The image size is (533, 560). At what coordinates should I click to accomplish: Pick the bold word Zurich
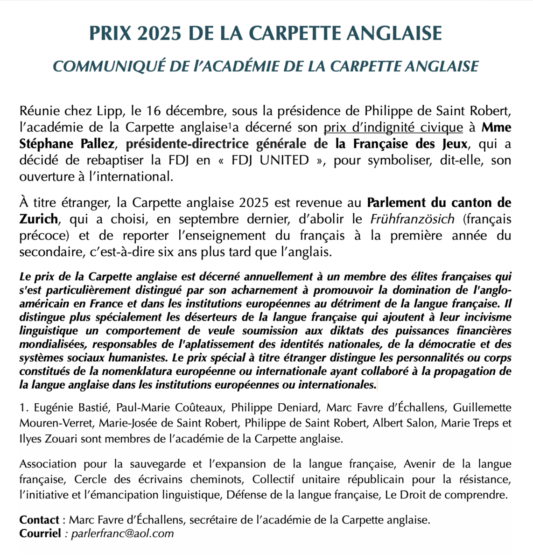(39, 218)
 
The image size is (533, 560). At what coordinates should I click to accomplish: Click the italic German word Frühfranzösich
(412, 218)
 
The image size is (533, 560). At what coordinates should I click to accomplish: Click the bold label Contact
(39, 519)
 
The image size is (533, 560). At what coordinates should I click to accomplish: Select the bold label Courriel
(40, 533)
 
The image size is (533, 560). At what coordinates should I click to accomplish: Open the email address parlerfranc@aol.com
(122, 533)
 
